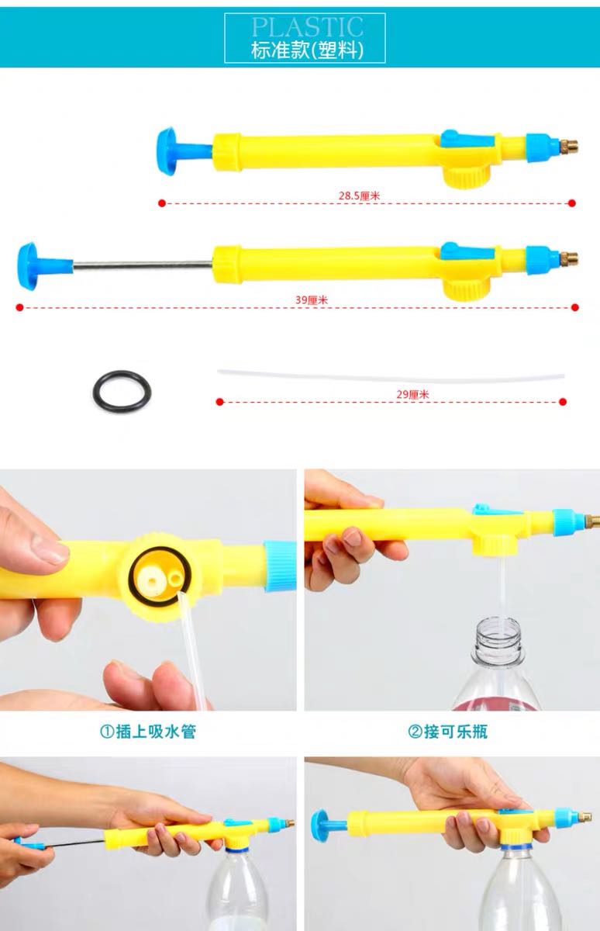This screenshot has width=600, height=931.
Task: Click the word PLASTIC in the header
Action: pos(307,27)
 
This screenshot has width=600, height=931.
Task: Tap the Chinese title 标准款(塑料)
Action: pos(307,50)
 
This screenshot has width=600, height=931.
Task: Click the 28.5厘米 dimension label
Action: pos(359,196)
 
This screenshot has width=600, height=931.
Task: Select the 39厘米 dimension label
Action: pos(312,299)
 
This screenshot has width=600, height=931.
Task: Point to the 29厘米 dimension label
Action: pos(412,394)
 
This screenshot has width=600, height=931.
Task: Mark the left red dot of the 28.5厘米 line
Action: pos(162,203)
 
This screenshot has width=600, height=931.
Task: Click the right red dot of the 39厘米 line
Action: pos(574,307)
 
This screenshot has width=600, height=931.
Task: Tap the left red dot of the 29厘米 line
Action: pos(220,402)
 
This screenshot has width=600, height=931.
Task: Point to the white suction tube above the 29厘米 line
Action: pos(391,376)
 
